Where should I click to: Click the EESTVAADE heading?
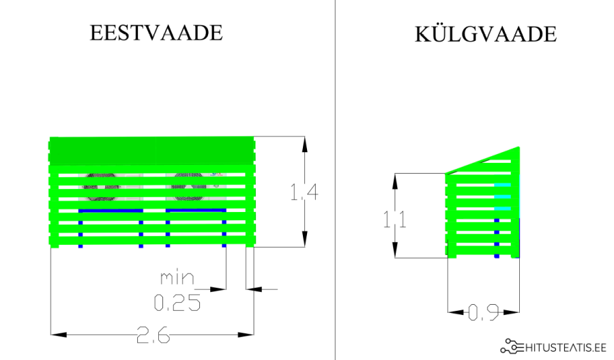pos(156,33)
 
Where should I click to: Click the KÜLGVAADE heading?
pos(485,34)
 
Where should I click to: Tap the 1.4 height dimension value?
pos(304,193)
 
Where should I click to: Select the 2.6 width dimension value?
pos(153,335)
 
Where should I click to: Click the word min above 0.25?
pos(177,278)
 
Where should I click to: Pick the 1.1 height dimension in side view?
pos(394,220)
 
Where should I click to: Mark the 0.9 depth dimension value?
pos(483,313)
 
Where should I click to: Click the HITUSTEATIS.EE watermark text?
pos(566,347)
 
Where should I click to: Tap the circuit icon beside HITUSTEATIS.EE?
pos(512,347)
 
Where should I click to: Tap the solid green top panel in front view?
pos(151,149)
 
